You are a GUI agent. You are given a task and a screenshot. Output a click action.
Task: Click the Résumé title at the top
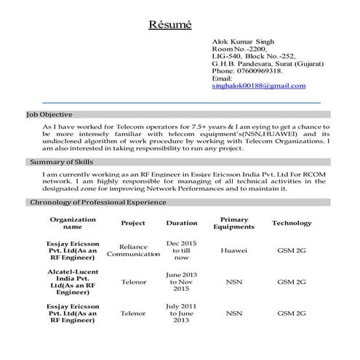click(169, 25)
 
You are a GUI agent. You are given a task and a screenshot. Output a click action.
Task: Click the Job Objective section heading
click(49, 115)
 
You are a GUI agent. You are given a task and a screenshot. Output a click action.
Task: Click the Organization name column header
click(73, 223)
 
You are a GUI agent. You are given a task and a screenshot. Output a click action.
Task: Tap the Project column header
click(133, 223)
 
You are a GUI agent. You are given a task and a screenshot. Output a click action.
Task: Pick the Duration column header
click(181, 223)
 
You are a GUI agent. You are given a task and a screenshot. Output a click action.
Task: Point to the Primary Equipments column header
click(233, 223)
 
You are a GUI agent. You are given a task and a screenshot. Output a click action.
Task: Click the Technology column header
click(292, 223)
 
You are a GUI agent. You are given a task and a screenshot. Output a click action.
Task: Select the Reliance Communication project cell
click(133, 250)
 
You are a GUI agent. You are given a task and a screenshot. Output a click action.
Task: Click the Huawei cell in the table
click(233, 250)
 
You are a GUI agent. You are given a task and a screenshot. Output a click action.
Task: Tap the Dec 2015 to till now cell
click(181, 249)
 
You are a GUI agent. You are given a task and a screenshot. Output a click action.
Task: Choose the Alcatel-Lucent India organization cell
click(73, 281)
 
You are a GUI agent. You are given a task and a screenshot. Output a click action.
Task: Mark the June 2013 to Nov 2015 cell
click(181, 280)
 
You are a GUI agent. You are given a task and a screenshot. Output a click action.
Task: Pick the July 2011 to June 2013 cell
click(181, 313)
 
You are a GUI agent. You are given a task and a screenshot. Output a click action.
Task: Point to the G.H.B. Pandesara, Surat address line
click(258, 64)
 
